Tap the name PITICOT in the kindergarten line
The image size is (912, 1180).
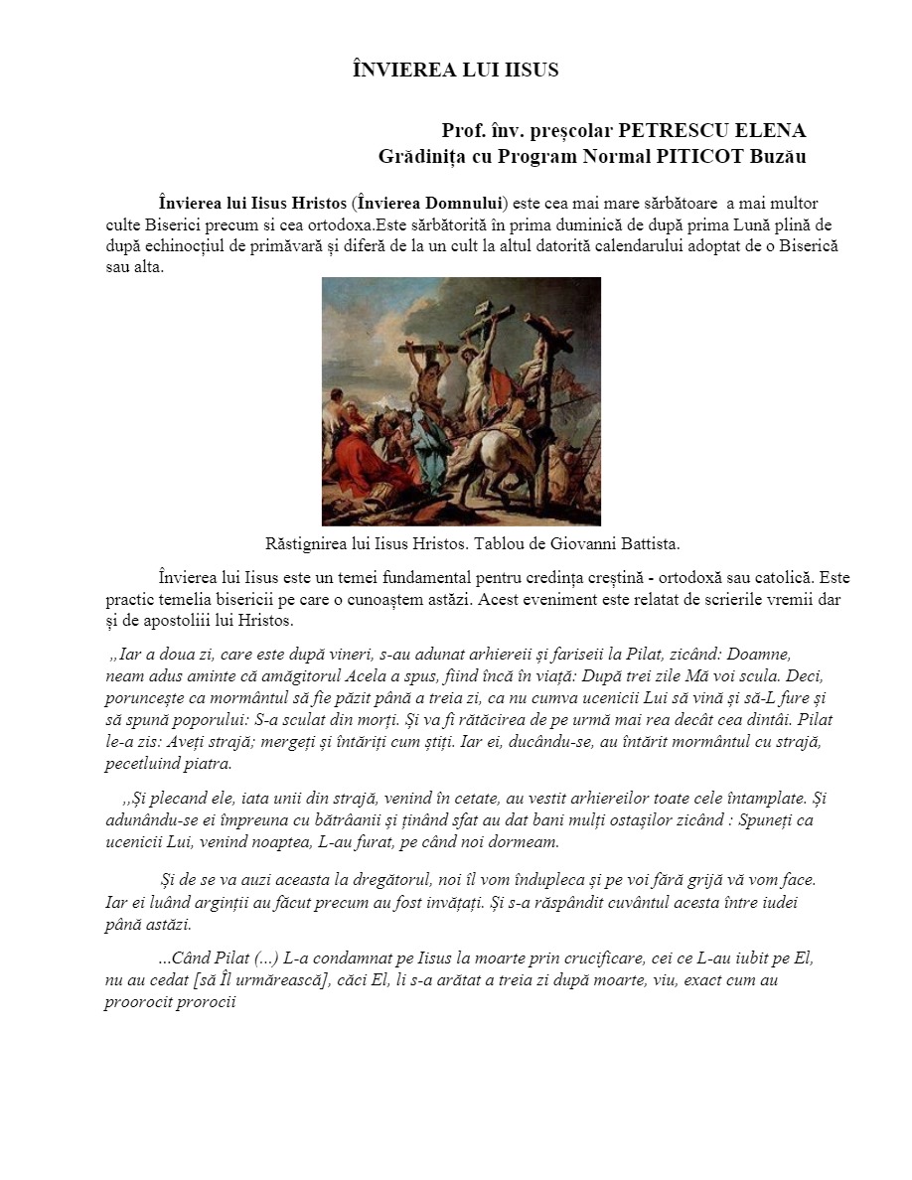tap(702, 156)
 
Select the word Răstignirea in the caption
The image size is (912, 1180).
tap(308, 544)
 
